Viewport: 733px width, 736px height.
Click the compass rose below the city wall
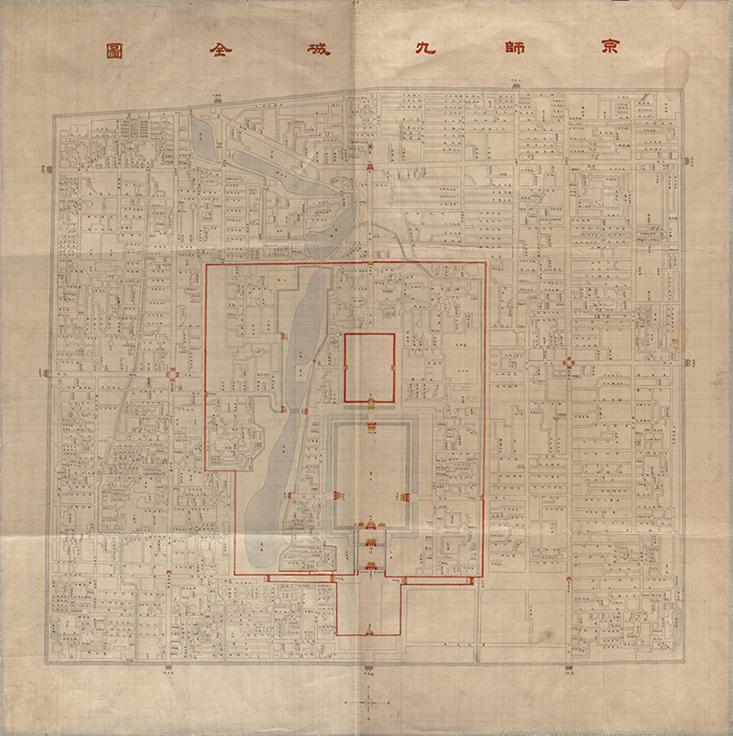(x=366, y=702)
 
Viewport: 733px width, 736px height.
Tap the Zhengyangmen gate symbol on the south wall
(x=367, y=665)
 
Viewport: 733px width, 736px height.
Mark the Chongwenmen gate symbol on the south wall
(x=568, y=665)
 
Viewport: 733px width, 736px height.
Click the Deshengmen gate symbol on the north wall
(x=216, y=96)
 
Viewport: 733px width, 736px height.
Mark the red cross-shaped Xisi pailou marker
(x=172, y=375)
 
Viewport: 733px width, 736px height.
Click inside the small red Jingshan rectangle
(x=369, y=367)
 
